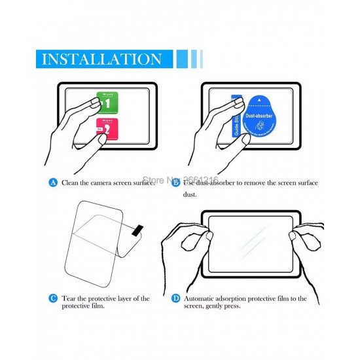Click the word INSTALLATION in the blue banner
point(101,59)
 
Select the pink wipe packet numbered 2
point(106,132)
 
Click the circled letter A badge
point(54,183)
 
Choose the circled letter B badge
point(175,183)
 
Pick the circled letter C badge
point(54,298)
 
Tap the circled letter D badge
point(175,298)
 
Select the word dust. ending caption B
point(190,194)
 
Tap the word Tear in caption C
point(69,298)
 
